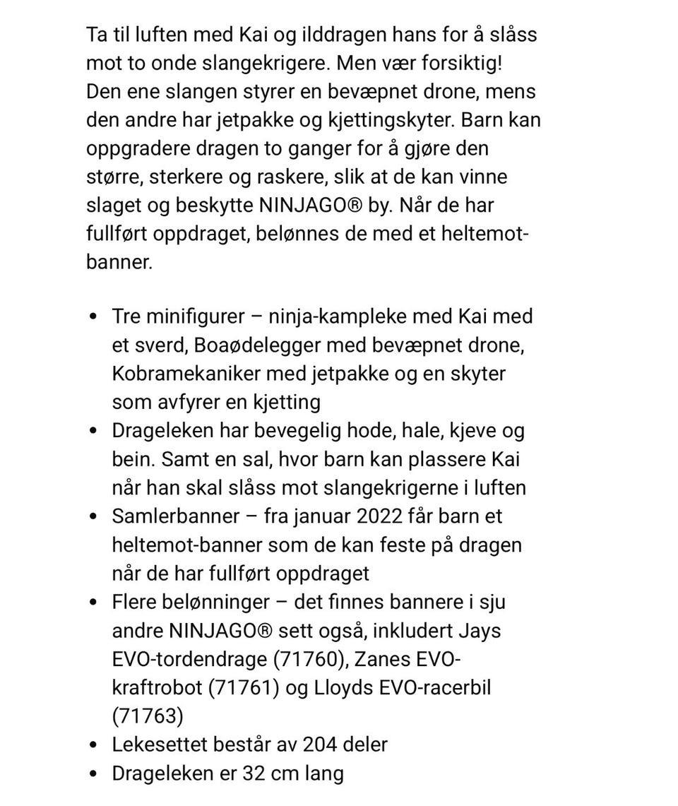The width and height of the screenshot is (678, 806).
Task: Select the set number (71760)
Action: pos(309,660)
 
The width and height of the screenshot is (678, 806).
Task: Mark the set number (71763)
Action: pos(148,716)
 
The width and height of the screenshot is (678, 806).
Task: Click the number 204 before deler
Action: pos(323,745)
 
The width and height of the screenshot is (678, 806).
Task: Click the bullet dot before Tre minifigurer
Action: pos(95,316)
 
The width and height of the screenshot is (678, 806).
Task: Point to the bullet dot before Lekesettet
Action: pos(95,745)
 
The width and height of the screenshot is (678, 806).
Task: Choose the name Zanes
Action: pos(379,660)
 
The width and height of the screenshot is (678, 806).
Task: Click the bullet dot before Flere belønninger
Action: pos(95,603)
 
